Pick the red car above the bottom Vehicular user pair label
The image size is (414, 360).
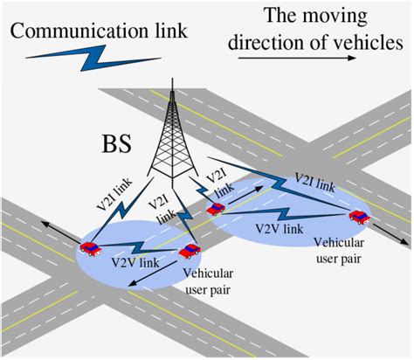189,252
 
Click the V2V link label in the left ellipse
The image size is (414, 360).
132,260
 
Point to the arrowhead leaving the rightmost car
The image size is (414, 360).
407,244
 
